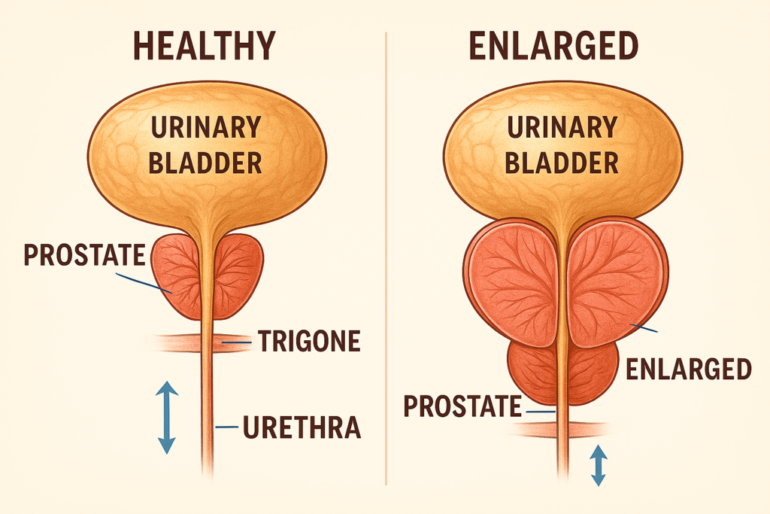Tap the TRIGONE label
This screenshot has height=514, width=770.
pos(309,342)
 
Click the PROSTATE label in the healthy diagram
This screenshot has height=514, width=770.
pos(83,255)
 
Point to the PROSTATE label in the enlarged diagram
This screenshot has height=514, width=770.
pos(462,407)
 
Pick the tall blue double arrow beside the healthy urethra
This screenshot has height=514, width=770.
pos(167,417)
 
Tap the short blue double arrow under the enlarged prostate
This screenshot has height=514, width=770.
pos(599,465)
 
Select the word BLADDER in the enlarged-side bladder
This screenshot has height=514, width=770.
pos(563,162)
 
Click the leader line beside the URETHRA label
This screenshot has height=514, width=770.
pos(226,427)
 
